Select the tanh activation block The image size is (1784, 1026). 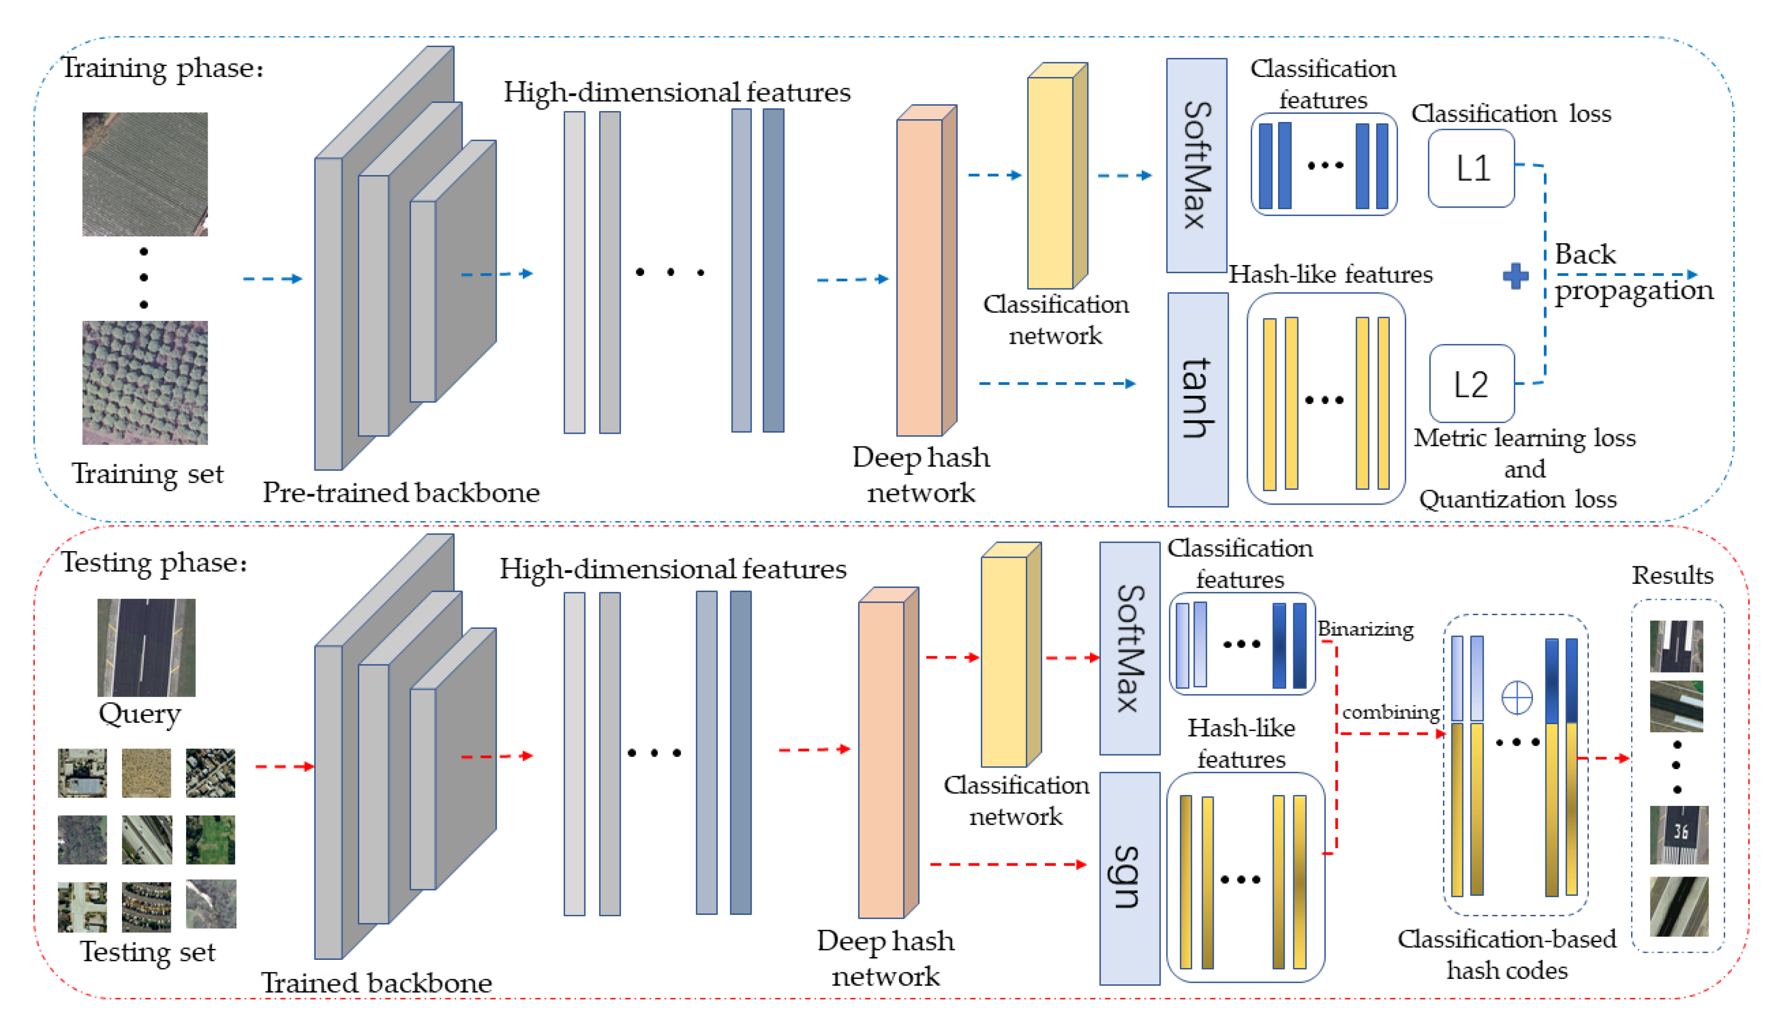coord(1197,399)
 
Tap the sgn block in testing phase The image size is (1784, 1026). coord(1129,878)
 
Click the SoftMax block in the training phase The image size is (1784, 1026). coord(1196,166)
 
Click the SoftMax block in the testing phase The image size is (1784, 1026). coord(1129,648)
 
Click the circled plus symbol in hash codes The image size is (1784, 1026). coord(1516,698)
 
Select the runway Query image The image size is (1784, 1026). coord(146,647)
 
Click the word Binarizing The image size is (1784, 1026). coord(1365,629)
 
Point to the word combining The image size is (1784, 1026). coord(1390,712)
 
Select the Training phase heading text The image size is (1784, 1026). coord(163,68)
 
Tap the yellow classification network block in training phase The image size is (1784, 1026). coord(1050,182)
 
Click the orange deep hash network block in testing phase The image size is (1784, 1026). coord(881,759)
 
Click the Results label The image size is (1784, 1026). coord(1672,576)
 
